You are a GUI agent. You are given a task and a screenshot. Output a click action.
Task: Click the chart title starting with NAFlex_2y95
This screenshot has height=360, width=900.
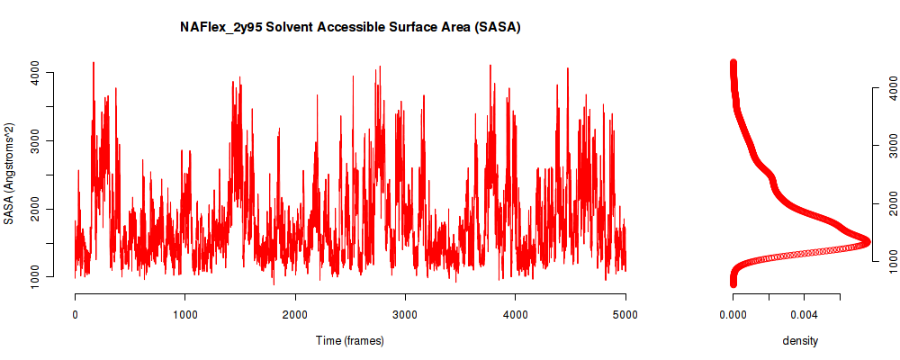pyautogui.click(x=350, y=27)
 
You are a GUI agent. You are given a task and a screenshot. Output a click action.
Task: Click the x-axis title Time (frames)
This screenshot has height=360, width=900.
pyautogui.click(x=349, y=340)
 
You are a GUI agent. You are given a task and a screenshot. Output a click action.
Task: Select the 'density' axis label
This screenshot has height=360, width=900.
pyautogui.click(x=800, y=341)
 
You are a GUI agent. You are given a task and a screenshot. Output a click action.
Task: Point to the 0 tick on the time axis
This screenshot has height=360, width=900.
pyautogui.click(x=76, y=314)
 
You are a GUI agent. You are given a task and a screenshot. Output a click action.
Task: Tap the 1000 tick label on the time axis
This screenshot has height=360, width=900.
pyautogui.click(x=184, y=314)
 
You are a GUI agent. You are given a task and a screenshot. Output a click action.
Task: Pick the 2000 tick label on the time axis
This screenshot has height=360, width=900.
pyautogui.click(x=295, y=314)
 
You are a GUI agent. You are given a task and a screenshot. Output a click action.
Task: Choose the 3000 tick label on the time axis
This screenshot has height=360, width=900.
pyautogui.click(x=405, y=314)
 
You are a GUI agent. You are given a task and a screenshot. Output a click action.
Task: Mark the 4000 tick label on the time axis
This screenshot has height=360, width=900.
pyautogui.click(x=516, y=314)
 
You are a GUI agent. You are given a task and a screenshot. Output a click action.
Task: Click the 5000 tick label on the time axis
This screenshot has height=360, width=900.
pyautogui.click(x=625, y=314)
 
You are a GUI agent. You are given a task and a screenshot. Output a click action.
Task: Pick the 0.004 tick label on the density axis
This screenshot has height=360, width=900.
pyautogui.click(x=804, y=314)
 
